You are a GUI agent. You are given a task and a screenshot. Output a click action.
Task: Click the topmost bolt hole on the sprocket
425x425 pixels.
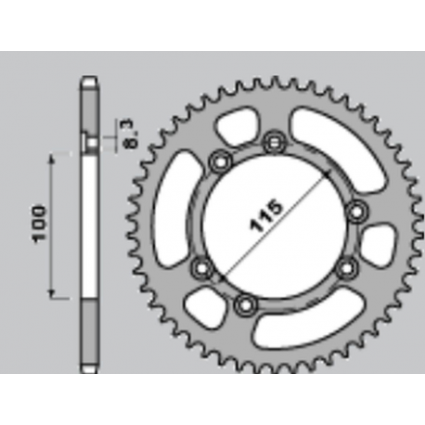(273, 142)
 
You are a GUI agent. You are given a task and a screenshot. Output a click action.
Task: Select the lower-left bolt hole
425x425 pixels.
(199, 267)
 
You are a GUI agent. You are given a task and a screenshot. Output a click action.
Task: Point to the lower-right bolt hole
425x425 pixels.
(345, 271)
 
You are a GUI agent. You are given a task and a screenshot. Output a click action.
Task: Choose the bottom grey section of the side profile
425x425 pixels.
(88, 334)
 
